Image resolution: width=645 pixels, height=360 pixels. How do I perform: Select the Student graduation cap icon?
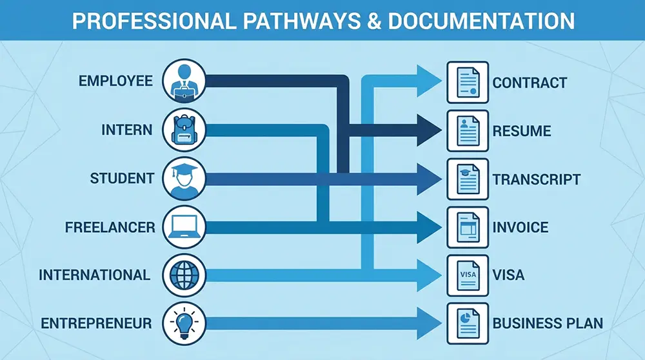184,178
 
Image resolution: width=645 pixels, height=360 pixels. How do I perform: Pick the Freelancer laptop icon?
184,226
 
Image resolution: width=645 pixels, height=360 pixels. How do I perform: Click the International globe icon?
184,275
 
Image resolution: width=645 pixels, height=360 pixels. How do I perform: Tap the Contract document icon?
468,82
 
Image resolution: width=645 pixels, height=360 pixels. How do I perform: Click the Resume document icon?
468,131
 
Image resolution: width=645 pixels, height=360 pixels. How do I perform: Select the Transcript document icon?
468,179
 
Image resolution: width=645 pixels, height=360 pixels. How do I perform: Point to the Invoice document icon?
468,227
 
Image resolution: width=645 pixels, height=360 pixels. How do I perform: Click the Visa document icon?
468,275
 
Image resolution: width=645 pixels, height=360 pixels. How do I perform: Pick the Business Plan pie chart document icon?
468,323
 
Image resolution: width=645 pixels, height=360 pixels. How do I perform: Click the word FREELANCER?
110,227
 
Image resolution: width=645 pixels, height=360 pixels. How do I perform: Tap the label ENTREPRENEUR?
97,323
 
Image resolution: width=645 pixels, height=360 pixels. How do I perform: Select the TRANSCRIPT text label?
537,179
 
